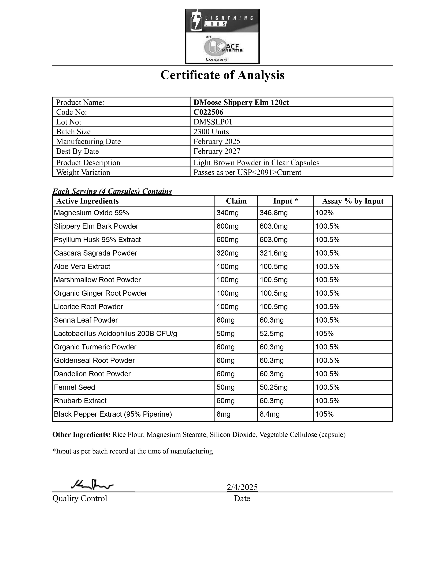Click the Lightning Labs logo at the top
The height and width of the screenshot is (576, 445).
[x=222, y=36]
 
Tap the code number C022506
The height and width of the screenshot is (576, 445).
[x=208, y=112]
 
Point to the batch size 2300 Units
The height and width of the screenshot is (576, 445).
[x=211, y=132]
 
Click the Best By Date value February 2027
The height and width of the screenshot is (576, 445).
[x=217, y=151]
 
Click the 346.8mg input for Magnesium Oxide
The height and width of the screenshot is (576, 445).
[x=273, y=213]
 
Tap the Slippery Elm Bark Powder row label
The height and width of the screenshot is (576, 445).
[x=96, y=226]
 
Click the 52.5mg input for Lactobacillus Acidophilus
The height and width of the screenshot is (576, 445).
[x=272, y=334]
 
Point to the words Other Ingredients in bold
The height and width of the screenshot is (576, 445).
[x=81, y=435]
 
